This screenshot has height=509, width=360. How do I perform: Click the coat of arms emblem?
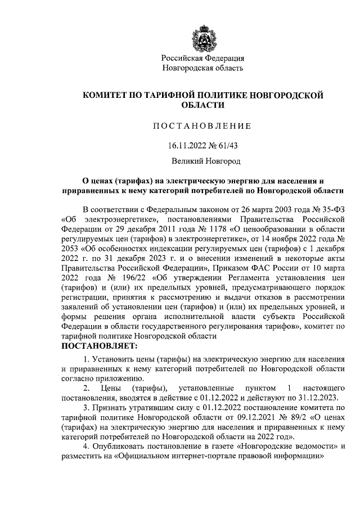coord(202,33)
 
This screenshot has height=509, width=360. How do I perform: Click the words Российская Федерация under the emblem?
coord(202,58)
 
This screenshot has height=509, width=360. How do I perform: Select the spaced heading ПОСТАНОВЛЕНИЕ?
coord(202,125)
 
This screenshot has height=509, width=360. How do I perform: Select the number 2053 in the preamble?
coord(70,248)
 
